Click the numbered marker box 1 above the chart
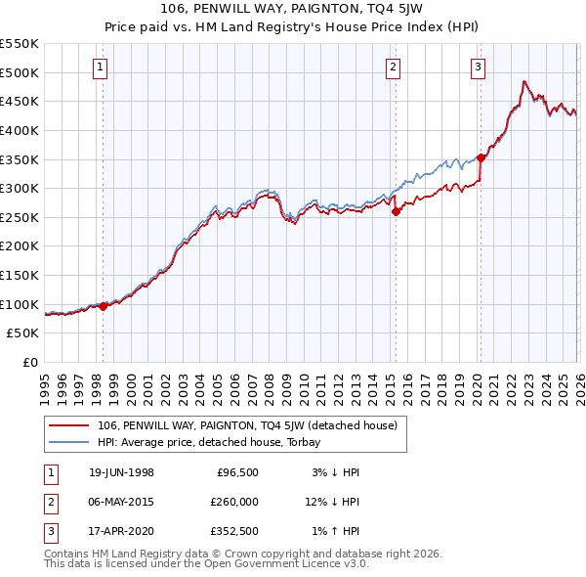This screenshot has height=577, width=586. click(x=103, y=67)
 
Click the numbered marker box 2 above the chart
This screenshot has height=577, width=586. click(x=393, y=67)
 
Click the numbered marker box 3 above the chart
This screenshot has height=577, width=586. click(x=479, y=67)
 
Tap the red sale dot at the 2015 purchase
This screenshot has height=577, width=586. click(x=396, y=211)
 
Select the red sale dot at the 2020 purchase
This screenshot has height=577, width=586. click(x=481, y=158)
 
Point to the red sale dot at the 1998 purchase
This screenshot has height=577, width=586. click(x=104, y=306)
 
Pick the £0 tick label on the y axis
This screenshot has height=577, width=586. click(x=30, y=363)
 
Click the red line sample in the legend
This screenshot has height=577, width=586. click(x=70, y=425)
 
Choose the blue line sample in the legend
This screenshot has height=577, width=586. click(x=70, y=441)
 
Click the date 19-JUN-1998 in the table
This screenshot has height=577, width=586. click(x=121, y=472)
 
